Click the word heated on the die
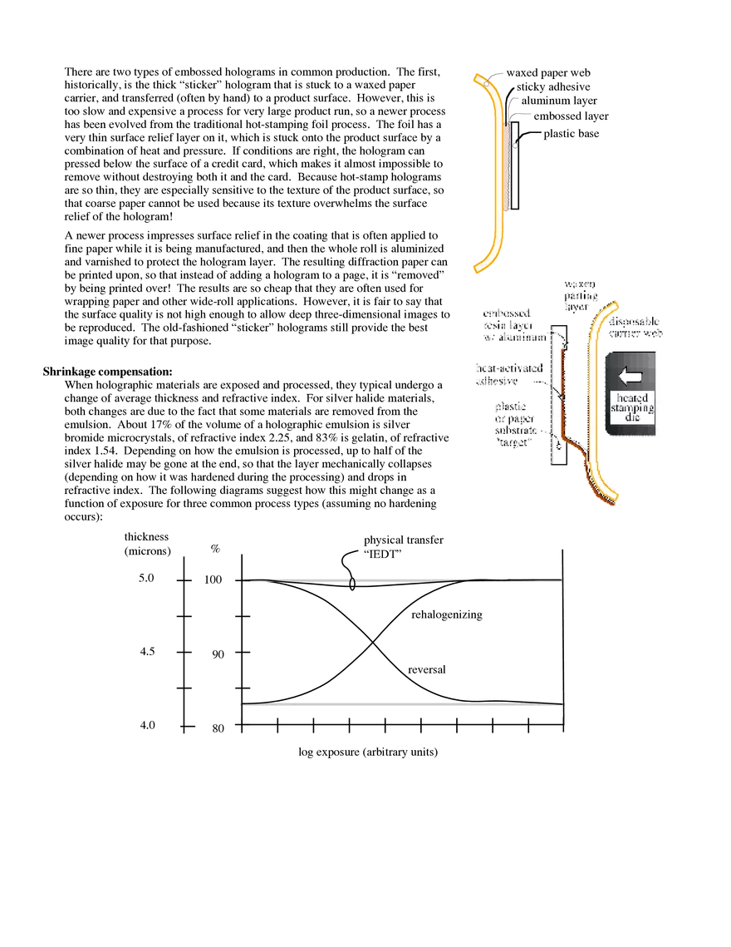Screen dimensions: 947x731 point(631,397)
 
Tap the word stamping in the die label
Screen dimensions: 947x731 point(631,408)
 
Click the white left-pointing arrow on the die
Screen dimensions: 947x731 point(631,376)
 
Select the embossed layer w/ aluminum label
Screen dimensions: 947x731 point(513,326)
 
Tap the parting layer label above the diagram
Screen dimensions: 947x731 point(580,296)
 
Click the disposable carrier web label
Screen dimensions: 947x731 point(636,326)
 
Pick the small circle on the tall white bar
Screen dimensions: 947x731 point(517,142)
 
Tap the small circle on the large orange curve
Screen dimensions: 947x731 point(485,83)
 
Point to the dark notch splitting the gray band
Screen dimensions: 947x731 point(353,579)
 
